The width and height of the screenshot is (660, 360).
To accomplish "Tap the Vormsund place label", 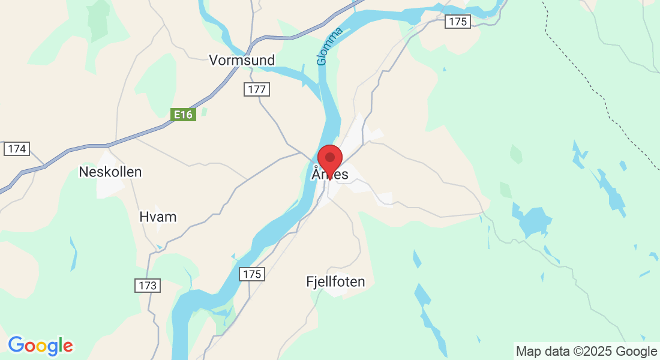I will pyautogui.click(x=242, y=60).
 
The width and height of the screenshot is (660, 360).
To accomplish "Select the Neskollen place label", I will pyautogui.click(x=110, y=172).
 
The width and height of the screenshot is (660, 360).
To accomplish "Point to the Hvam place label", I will pyautogui.click(x=158, y=217).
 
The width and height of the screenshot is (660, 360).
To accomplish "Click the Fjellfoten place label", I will pyautogui.click(x=335, y=281).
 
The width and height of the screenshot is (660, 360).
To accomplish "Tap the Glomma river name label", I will pyautogui.click(x=329, y=46).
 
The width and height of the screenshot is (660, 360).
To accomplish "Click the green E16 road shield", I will pyautogui.click(x=183, y=114).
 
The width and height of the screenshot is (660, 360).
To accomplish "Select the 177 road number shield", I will pyautogui.click(x=257, y=89).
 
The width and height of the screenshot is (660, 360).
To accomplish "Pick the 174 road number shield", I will pyautogui.click(x=17, y=149).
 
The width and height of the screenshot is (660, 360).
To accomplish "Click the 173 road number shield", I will pyautogui.click(x=148, y=285).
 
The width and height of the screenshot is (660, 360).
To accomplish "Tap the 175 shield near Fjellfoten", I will pyautogui.click(x=252, y=274).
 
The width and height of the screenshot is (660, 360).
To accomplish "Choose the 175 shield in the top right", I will pyautogui.click(x=458, y=22).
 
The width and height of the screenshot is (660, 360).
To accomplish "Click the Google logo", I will pyautogui.click(x=40, y=346).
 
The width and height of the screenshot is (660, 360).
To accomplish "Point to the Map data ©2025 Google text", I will pyautogui.click(x=586, y=352).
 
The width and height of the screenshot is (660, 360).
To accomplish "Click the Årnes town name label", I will pyautogui.click(x=330, y=175).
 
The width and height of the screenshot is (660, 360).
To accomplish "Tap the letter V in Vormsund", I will pyautogui.click(x=214, y=60).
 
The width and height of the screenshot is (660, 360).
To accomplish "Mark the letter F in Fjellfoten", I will pyautogui.click(x=310, y=281).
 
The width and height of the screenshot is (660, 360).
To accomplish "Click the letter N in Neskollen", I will pyautogui.click(x=84, y=172).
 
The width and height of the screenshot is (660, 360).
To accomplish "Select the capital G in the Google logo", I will pyautogui.click(x=16, y=345).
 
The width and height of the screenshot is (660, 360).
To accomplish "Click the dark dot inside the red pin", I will pyautogui.click(x=329, y=157).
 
